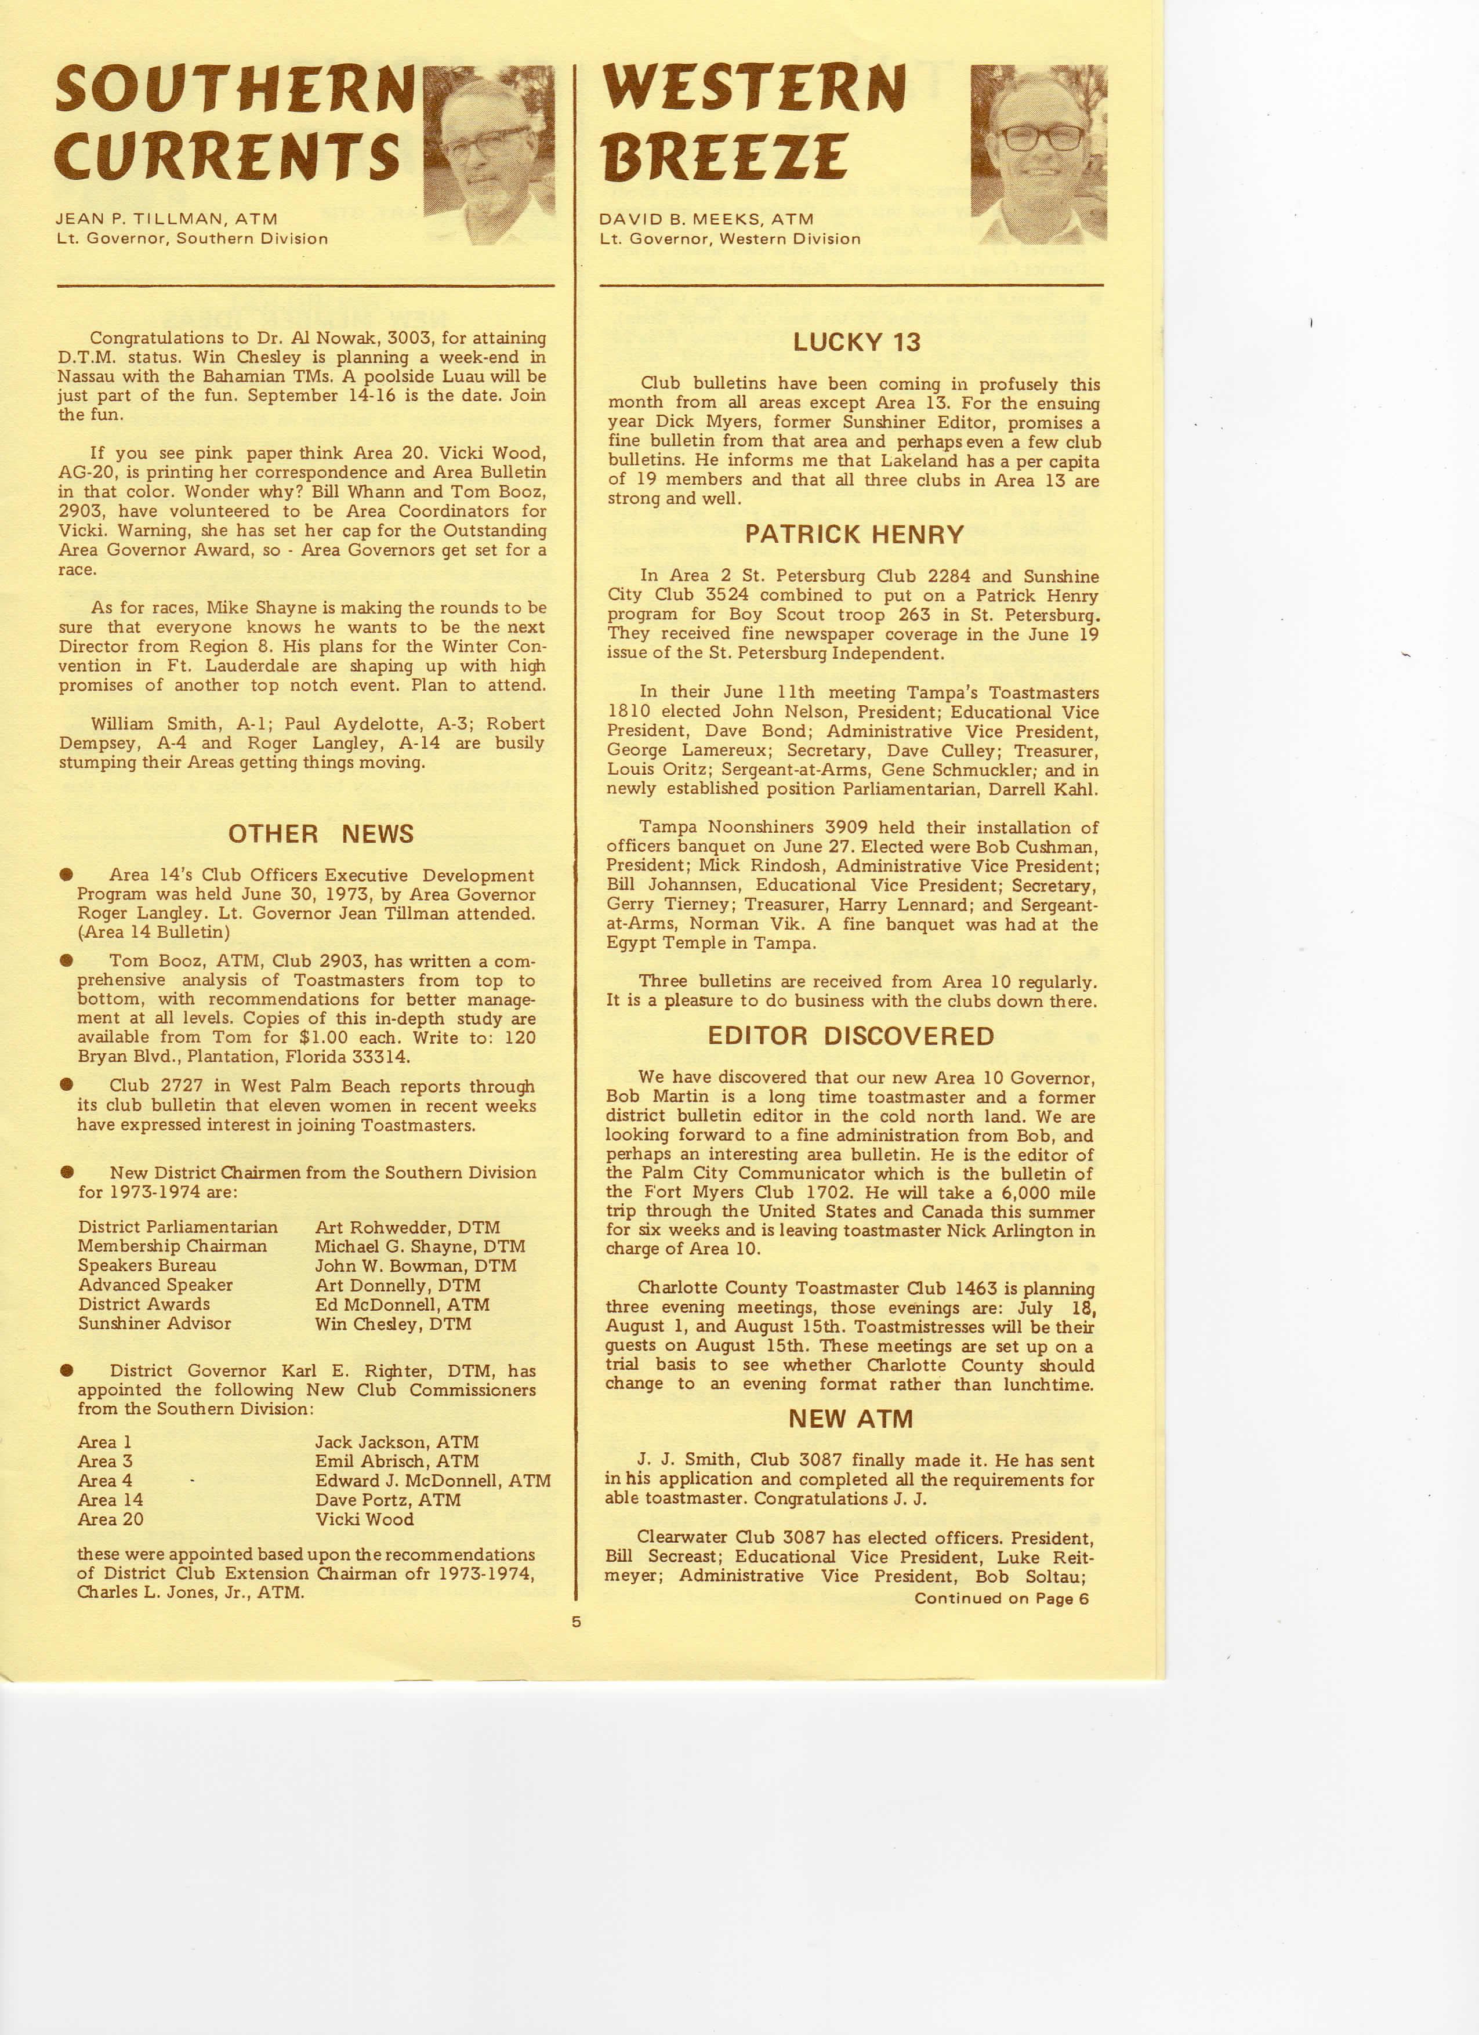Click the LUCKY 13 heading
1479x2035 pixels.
(856, 342)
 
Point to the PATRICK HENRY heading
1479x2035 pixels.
(854, 535)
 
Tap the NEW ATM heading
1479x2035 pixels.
(850, 1419)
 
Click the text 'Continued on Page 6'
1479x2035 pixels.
(1002, 1598)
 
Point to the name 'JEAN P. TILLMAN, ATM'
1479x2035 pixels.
(167, 218)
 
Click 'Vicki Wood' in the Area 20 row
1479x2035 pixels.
(364, 1519)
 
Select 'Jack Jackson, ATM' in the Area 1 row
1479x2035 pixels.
(396, 1442)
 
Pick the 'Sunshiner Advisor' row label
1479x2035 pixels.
(154, 1323)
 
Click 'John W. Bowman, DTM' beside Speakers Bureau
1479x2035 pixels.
(415, 1266)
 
